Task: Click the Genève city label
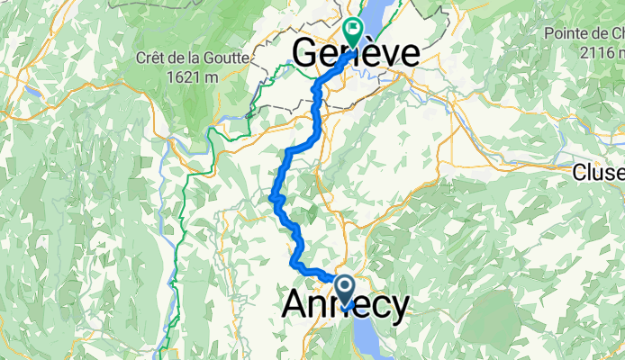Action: [x=357, y=53]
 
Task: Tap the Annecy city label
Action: [x=345, y=304]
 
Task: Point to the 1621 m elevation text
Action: [x=193, y=76]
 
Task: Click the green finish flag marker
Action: [x=352, y=31]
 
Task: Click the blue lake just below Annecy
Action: [x=369, y=337]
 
